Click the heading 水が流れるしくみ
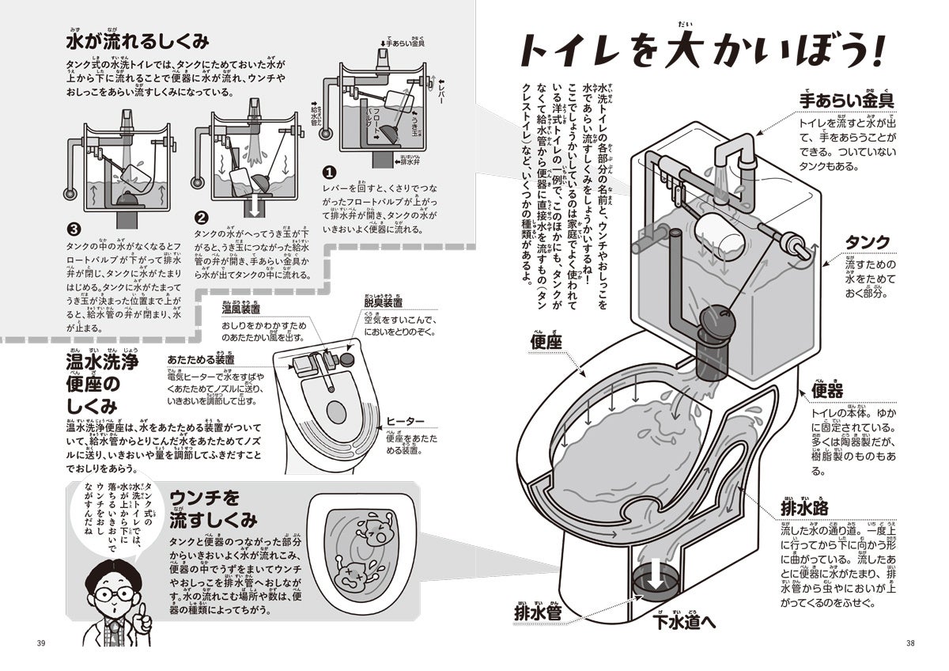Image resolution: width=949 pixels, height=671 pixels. [138, 42]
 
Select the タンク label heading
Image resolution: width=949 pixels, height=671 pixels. [868, 242]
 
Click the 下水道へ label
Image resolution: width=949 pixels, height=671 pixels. [685, 622]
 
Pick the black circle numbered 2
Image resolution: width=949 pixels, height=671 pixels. [202, 216]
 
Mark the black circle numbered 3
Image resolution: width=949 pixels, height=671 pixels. [74, 230]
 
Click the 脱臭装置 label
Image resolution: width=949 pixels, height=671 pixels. [383, 302]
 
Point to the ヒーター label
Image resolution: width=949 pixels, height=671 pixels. [406, 420]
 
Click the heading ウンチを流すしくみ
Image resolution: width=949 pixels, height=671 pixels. [212, 509]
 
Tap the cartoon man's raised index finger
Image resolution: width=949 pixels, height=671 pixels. [144, 612]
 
